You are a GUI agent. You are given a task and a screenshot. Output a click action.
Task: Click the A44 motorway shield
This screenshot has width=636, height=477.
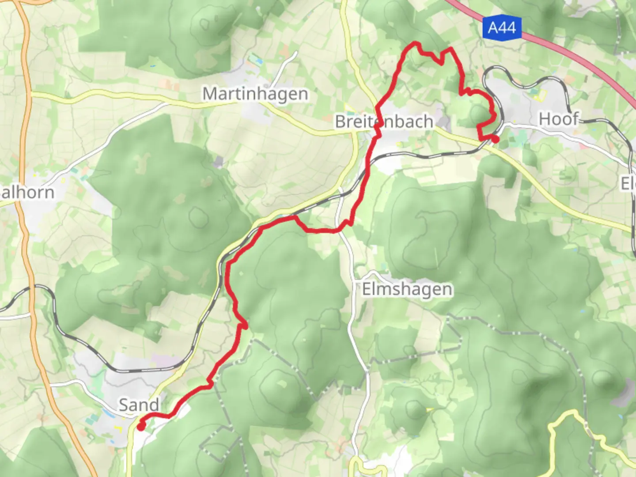[502, 28]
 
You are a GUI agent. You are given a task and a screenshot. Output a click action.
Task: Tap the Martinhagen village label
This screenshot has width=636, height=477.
[255, 94]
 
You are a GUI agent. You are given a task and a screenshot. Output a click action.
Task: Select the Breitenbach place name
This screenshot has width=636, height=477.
[384, 121]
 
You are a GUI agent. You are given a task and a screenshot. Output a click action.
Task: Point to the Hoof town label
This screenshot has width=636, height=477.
[558, 119]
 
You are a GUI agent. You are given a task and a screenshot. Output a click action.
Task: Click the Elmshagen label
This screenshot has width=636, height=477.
[407, 290]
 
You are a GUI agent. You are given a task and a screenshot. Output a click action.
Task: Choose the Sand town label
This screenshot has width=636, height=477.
[139, 405]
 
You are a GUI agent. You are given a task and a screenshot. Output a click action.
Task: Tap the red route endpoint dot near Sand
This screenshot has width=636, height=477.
[140, 427]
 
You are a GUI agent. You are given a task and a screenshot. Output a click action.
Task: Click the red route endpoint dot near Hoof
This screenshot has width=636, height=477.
[496, 140]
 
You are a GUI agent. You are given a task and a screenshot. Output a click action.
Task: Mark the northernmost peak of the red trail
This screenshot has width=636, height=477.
[415, 43]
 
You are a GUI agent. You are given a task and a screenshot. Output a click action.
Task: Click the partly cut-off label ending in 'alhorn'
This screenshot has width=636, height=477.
[27, 193]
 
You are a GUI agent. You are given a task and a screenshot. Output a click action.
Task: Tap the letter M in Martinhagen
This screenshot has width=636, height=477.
[210, 94]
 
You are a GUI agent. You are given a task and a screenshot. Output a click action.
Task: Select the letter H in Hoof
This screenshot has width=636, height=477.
[546, 119]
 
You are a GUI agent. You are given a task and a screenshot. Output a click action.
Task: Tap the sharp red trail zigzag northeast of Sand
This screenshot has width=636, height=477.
[243, 326]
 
